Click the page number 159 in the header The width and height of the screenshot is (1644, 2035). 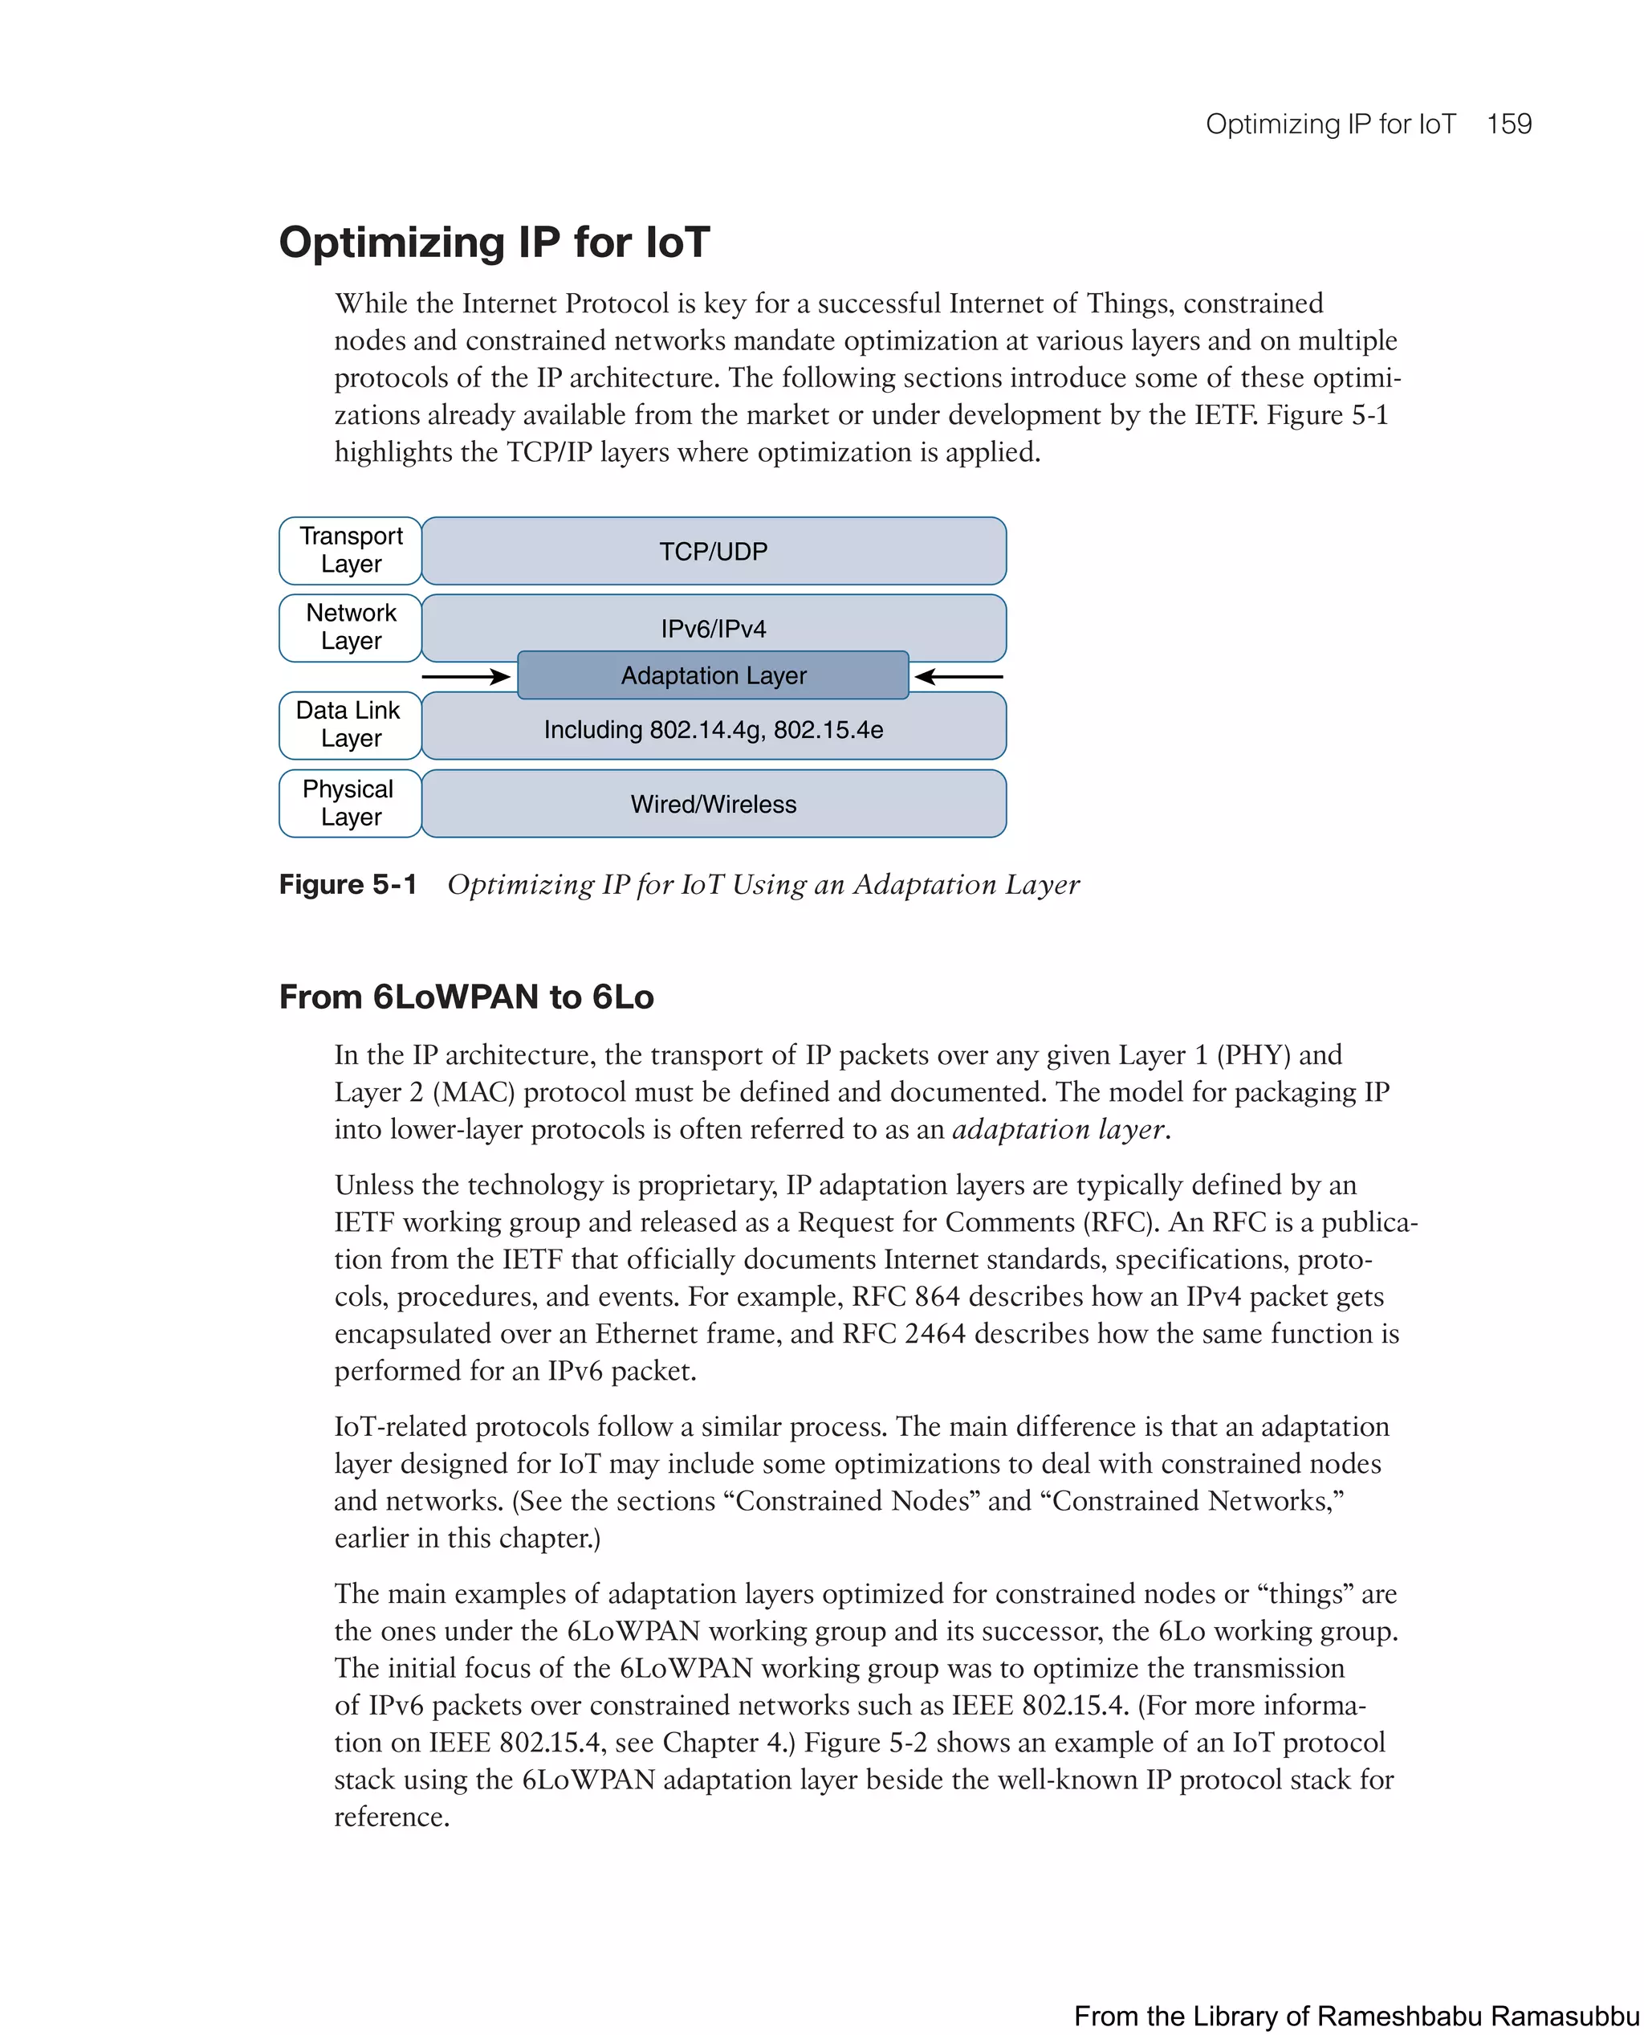(1508, 124)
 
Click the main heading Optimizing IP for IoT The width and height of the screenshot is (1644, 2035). (494, 243)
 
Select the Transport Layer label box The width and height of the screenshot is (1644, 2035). (350, 550)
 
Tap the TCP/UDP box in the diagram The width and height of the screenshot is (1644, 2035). (713, 552)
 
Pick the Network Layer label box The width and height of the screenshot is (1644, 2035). (350, 627)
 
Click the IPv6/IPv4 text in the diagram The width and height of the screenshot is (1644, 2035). (713, 629)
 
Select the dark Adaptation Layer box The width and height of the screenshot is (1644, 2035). (713, 675)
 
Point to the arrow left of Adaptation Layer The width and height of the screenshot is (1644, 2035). (466, 676)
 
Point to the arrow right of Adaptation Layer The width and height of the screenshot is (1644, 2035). (958, 676)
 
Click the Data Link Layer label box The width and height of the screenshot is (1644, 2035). (350, 724)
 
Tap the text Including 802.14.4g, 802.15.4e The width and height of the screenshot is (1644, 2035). (713, 731)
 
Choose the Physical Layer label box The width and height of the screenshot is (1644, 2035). (350, 803)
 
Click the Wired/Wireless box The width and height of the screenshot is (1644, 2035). (713, 805)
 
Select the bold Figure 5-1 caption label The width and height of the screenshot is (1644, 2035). (348, 885)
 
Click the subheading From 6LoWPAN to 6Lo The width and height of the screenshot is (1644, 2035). (466, 997)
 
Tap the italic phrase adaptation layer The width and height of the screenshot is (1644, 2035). (1058, 1130)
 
